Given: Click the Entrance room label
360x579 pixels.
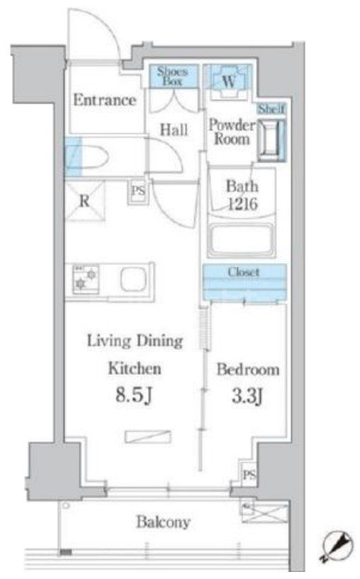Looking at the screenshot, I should pyautogui.click(x=104, y=100).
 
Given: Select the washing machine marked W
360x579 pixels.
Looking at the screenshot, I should pyautogui.click(x=228, y=79).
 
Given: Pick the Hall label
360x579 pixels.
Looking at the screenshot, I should pyautogui.click(x=173, y=130).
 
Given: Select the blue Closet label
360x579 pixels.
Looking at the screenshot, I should pyautogui.click(x=243, y=272).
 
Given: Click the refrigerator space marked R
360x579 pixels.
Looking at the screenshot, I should pyautogui.click(x=84, y=200).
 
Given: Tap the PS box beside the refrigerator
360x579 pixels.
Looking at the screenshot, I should pyautogui.click(x=137, y=192).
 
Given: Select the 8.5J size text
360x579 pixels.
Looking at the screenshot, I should pyautogui.click(x=135, y=395).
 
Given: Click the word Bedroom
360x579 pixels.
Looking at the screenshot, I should pyautogui.click(x=248, y=370).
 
